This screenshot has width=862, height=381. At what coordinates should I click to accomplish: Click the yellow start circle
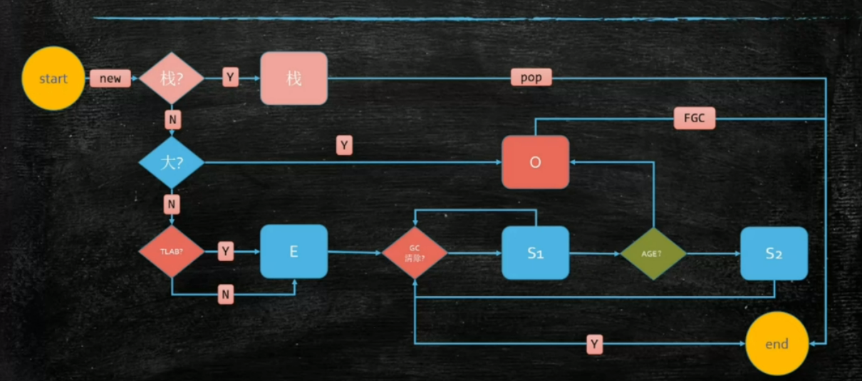pos(53,78)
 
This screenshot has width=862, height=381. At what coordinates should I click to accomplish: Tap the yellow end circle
pos(777,344)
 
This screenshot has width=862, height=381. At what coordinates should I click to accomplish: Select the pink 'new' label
pos(110,78)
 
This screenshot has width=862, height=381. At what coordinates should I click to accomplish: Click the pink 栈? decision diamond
pos(171,78)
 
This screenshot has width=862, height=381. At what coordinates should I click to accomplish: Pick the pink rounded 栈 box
pos(294,78)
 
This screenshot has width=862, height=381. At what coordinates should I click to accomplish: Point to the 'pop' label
pos(531,78)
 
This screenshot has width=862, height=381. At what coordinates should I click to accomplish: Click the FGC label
pos(694,118)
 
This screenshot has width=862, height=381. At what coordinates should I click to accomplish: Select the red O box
pos(535,163)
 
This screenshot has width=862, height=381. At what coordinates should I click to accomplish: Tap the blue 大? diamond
pos(171,163)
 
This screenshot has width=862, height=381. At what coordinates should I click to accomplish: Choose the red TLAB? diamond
pos(171,252)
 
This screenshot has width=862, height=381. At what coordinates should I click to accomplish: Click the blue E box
pos(294,252)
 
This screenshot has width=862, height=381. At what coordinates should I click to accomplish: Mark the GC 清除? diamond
pos(415,253)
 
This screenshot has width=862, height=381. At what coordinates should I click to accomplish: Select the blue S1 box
pos(535,253)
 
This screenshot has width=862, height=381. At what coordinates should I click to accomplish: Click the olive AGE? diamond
pos(653,253)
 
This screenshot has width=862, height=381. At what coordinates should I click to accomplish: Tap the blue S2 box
pos(774,253)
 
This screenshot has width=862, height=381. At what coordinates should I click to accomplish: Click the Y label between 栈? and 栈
pos(230,77)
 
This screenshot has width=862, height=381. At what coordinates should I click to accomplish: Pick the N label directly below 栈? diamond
pos(172,118)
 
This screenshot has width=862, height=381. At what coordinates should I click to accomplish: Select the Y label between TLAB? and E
pos(226,251)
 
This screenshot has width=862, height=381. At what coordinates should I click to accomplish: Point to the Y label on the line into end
pos(595,345)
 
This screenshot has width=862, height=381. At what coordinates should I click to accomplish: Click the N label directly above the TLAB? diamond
pos(172,205)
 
